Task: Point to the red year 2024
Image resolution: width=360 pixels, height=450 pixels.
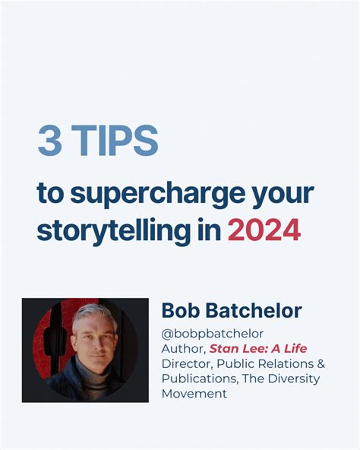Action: coord(264,230)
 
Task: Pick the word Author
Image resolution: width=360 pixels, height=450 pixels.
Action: coord(182,348)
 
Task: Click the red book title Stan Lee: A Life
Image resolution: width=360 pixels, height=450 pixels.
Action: coord(258,348)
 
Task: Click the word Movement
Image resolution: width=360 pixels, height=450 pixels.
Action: coord(194,394)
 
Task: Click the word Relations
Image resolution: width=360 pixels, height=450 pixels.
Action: coord(284,363)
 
